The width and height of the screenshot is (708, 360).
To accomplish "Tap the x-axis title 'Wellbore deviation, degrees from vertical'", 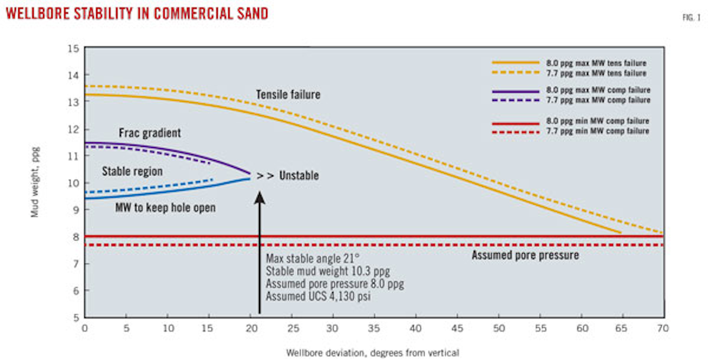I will coord(373,352).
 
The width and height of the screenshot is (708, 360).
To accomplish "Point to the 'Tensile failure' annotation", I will coord(288,94).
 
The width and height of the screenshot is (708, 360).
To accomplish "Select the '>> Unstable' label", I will coord(290,176).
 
